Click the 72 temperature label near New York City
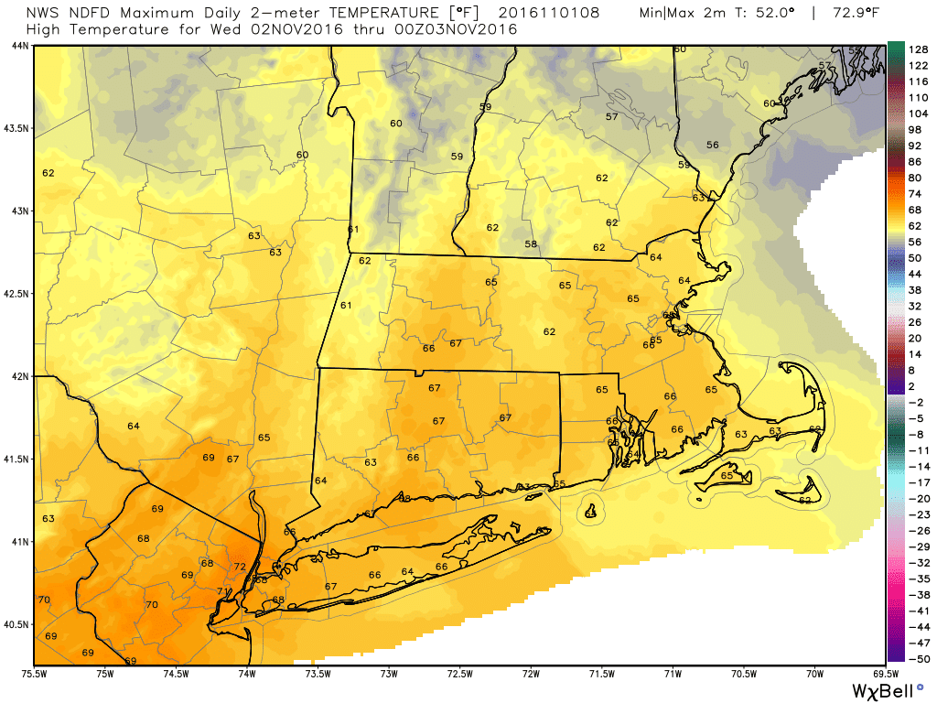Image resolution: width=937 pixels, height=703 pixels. point(240,568)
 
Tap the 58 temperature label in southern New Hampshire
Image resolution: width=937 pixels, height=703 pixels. point(530,244)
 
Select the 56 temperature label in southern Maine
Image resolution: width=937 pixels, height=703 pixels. point(712,146)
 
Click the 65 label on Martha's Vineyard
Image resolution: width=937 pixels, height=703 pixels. point(727,476)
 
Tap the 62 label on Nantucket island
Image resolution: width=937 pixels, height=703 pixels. point(804,501)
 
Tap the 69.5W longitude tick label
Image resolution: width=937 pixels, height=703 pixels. point(884,675)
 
